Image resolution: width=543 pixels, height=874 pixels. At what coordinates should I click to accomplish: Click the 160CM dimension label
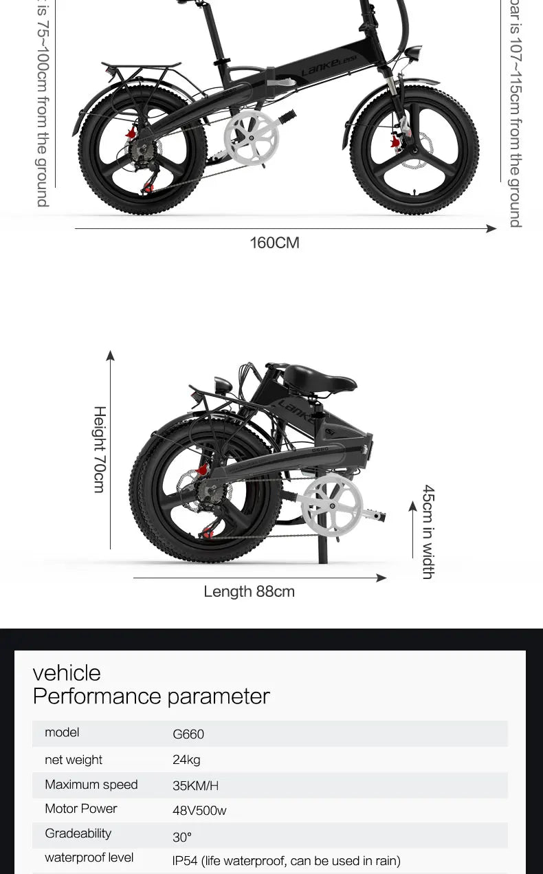click(274, 243)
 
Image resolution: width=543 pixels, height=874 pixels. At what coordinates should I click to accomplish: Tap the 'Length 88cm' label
click(249, 591)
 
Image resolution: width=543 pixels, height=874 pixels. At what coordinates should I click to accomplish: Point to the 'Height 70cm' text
click(100, 449)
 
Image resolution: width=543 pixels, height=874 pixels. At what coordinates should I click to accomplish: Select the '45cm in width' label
click(428, 532)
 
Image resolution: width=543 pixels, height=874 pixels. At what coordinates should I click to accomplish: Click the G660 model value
click(188, 734)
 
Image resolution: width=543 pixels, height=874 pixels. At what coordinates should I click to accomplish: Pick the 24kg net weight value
click(186, 760)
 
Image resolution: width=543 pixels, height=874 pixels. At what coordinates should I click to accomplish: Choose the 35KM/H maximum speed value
click(195, 785)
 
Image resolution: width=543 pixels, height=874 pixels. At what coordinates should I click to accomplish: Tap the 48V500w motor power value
click(199, 811)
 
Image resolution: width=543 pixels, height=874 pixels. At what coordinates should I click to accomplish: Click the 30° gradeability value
click(182, 837)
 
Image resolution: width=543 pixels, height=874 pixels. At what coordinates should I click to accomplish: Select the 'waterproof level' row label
click(89, 857)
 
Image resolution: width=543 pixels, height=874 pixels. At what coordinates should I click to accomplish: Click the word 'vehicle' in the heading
click(67, 673)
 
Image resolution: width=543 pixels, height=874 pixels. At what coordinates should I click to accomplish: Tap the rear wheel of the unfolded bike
click(142, 155)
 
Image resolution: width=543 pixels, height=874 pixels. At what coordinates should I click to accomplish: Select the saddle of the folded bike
click(319, 378)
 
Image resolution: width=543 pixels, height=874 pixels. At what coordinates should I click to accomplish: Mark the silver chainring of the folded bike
click(332, 505)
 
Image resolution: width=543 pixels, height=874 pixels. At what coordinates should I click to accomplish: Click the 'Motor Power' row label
click(81, 809)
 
